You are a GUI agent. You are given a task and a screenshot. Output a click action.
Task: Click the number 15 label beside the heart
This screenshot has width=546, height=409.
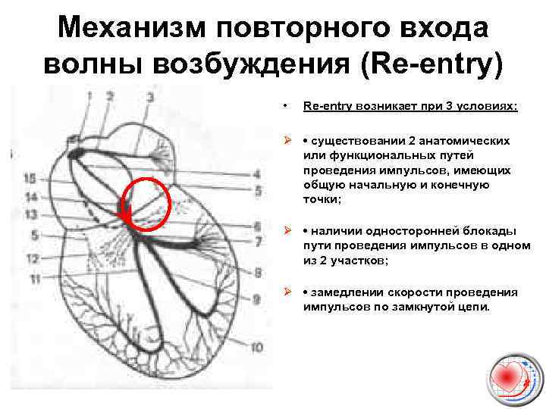30,179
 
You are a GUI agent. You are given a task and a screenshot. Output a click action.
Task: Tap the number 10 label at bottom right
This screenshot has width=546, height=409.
257,348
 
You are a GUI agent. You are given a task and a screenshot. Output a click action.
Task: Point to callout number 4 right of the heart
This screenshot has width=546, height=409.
258,173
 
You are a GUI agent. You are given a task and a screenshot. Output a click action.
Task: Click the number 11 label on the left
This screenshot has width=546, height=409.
33,279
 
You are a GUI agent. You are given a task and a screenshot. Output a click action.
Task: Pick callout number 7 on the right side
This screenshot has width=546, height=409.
258,242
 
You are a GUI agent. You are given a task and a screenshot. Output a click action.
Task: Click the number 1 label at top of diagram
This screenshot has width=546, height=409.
89,96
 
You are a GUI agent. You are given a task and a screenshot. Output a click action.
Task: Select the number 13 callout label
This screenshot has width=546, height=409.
30,215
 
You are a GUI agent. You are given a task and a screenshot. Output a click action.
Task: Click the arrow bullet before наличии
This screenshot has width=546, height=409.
287,231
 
